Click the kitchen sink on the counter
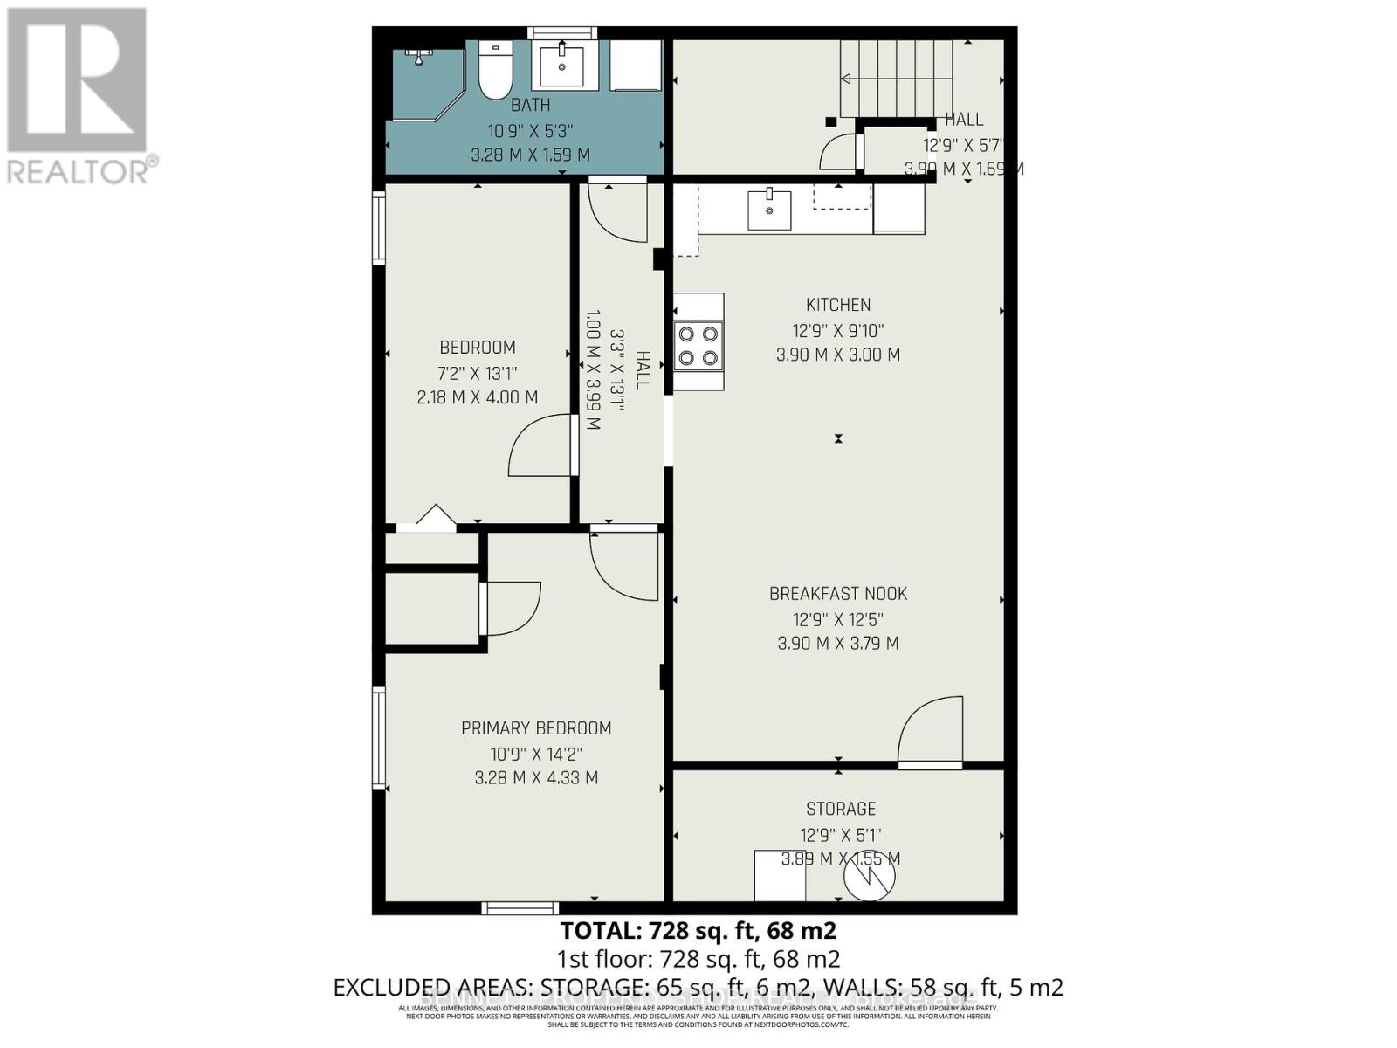coord(769,210)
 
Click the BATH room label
coord(530,105)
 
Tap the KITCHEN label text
coord(837,305)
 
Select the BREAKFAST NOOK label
coord(837,594)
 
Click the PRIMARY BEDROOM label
coord(536,728)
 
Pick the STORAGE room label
coord(841,809)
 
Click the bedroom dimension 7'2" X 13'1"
coord(478,374)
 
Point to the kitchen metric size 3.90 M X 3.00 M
coord(837,355)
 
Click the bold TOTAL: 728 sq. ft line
coord(698,930)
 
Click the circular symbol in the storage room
coord(870,877)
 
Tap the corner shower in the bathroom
coord(425,83)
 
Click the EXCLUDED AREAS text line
coord(698,988)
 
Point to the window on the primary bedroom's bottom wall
coord(520,908)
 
